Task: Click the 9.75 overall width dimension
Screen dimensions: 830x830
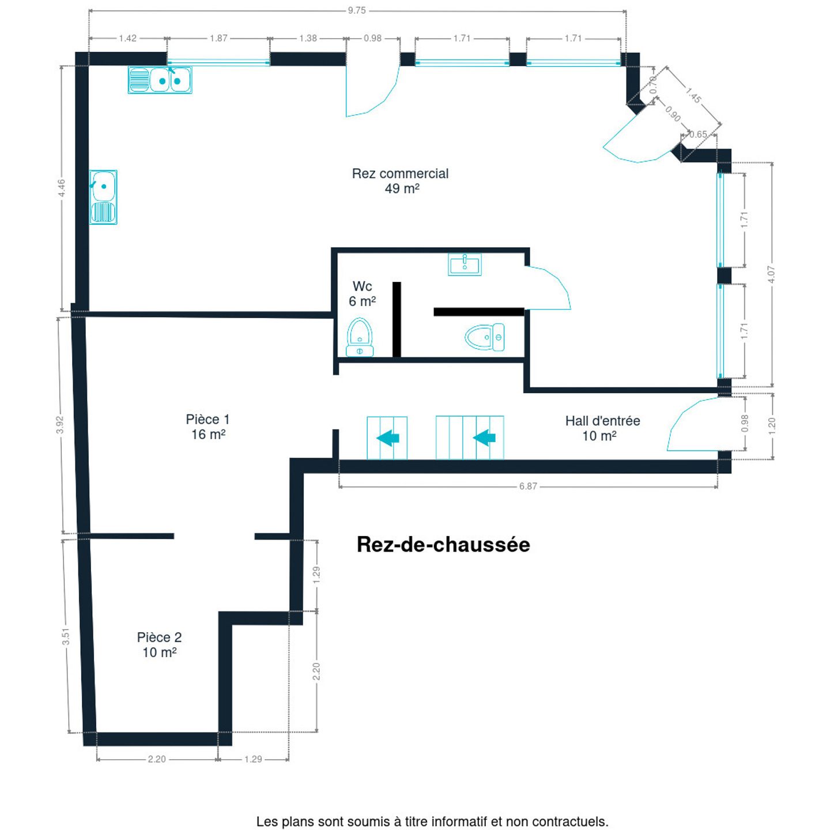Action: click(357, 10)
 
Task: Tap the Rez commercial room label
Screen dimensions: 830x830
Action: click(400, 181)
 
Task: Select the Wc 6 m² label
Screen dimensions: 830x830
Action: click(362, 294)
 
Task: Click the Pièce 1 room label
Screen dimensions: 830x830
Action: click(208, 427)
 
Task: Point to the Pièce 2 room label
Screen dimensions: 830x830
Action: click(159, 645)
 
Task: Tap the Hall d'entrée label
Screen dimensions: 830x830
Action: click(602, 428)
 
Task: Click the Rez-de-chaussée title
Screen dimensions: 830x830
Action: click(443, 545)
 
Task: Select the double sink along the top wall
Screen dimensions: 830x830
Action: click(160, 80)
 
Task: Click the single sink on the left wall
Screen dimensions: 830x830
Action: click(103, 197)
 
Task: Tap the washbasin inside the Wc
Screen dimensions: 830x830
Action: click(465, 264)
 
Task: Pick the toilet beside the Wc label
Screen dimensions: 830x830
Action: click(360, 337)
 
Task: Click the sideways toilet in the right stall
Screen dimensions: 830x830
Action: click(485, 337)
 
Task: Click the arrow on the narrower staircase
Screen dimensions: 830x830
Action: click(388, 438)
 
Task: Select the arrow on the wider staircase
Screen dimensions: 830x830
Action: click(484, 438)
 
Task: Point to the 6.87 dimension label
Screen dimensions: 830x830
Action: click(528, 486)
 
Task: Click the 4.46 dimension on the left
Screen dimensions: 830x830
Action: click(62, 188)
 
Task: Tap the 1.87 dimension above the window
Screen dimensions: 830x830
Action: click(218, 39)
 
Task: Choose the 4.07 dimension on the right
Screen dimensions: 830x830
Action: click(771, 274)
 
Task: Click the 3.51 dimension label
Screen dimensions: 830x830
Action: click(66, 636)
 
